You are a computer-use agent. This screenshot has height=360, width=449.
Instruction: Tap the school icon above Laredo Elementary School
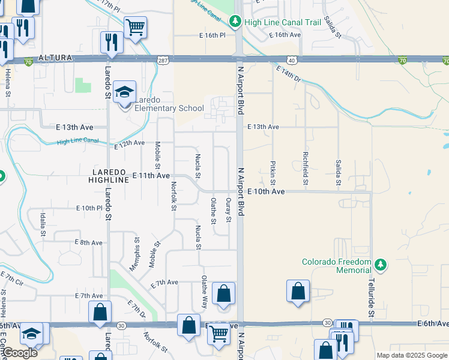pos(125,92)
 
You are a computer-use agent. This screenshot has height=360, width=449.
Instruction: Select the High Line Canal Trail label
pos(283,22)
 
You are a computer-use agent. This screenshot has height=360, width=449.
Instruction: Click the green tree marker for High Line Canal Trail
pos(236,22)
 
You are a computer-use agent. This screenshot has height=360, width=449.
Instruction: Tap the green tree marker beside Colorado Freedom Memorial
pos(380,264)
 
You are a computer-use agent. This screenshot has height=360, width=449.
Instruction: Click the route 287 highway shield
pos(163,61)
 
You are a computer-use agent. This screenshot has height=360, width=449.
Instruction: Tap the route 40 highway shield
pos(291,61)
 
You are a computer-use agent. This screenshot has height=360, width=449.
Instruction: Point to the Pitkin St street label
pos(273,172)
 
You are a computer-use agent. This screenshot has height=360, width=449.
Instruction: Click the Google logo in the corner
pos(20,353)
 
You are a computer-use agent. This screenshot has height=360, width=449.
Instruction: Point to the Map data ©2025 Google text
pos(412,355)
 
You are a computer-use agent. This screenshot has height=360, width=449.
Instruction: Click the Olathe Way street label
pos(205,292)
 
